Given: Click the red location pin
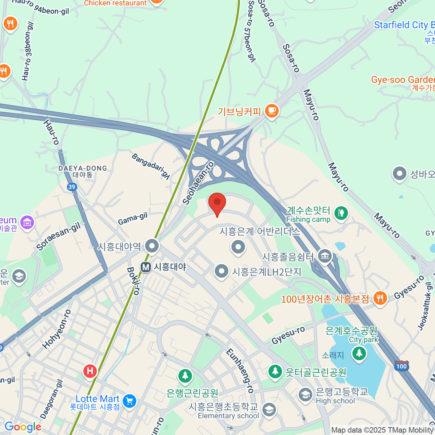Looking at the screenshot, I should point(217,203).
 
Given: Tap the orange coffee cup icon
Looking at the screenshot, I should point(272,110).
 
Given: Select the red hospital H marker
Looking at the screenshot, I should point(90,371).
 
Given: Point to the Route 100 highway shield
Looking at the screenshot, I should point(401,366).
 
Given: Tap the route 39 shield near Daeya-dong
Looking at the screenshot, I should point(72,187).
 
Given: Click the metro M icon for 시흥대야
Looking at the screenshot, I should point(146,267).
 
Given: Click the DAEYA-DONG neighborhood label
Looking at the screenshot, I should point(83,169).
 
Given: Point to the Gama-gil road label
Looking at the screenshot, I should point(133,219).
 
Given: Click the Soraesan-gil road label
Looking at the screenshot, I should point(58,237).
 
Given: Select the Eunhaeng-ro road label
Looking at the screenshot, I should point(240,370).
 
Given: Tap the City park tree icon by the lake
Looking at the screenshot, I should point(359,352).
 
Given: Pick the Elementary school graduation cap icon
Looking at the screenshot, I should point(269,410).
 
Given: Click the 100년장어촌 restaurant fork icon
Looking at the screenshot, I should point(380,298).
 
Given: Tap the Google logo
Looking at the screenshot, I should point(23,427).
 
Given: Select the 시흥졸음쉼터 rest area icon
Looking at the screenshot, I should point(324,256).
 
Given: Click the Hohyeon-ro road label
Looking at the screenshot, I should point(57,330).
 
